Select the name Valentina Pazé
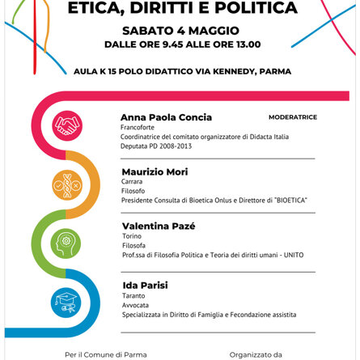[158, 226]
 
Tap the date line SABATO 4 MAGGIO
[180, 31]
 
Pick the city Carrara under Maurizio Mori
[131, 181]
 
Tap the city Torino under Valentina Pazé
[129, 236]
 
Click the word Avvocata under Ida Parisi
[133, 306]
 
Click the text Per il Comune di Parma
[106, 354]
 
